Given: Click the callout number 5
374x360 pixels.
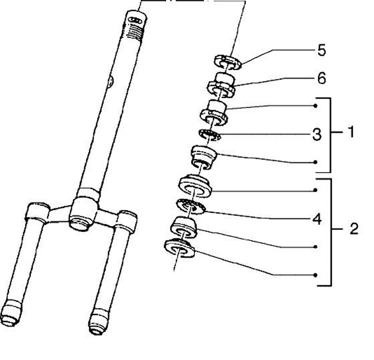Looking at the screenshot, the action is click(x=322, y=50).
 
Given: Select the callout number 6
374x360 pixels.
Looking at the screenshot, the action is click(x=322, y=78).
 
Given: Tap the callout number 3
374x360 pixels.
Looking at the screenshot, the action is click(x=317, y=135).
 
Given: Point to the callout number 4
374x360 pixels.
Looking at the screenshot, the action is click(x=317, y=219).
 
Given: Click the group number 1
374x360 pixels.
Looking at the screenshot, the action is click(x=351, y=132).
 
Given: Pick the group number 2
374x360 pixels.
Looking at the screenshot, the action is click(x=354, y=229).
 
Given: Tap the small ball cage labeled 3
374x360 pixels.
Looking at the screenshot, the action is click(x=210, y=137).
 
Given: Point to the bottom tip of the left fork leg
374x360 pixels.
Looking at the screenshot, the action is click(x=12, y=316).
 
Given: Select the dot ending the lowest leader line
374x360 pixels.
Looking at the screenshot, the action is click(x=316, y=275).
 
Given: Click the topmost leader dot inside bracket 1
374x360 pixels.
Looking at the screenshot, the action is click(x=316, y=106).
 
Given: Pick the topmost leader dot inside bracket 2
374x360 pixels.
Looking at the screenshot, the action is click(x=316, y=190).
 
